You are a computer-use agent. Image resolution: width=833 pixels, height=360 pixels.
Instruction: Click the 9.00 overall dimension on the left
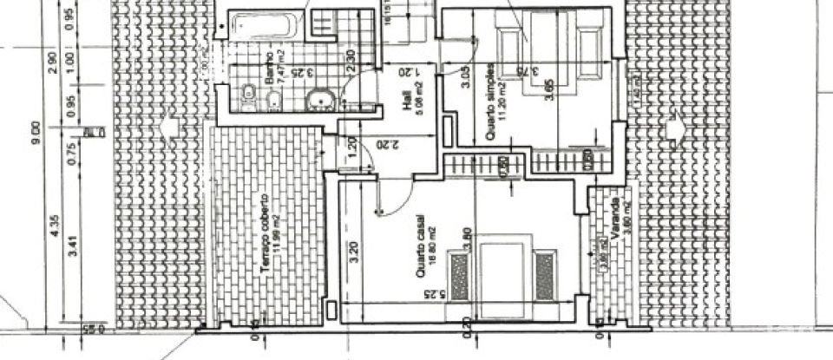click(x=36, y=130)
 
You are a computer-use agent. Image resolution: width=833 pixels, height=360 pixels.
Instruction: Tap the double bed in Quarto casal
click(x=502, y=272)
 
